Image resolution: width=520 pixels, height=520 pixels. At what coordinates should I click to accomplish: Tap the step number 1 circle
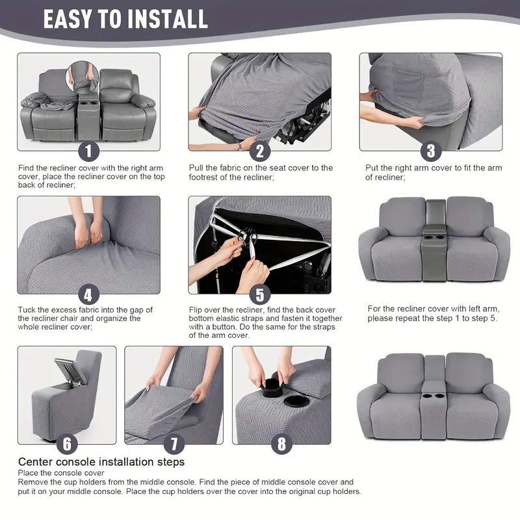coord(89,151)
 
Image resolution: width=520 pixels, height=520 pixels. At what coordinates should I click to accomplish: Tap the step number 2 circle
coord(259,151)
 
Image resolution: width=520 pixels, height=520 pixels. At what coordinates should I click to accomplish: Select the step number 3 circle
coord(430,151)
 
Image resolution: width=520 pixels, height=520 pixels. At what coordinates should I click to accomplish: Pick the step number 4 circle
coord(89,294)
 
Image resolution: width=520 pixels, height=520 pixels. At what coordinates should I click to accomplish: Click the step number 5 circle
coord(259,294)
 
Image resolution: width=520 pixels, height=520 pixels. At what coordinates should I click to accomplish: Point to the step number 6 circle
coord(67,444)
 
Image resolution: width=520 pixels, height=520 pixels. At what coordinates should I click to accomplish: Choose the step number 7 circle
coord(174,444)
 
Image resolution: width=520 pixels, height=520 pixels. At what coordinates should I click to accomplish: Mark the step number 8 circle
coord(281,444)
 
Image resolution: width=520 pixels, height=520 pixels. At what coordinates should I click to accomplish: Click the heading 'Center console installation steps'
coord(101,462)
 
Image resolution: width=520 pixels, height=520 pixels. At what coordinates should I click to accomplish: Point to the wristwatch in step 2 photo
coord(240,146)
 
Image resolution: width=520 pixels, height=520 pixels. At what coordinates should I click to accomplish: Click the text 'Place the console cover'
coord(60,473)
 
